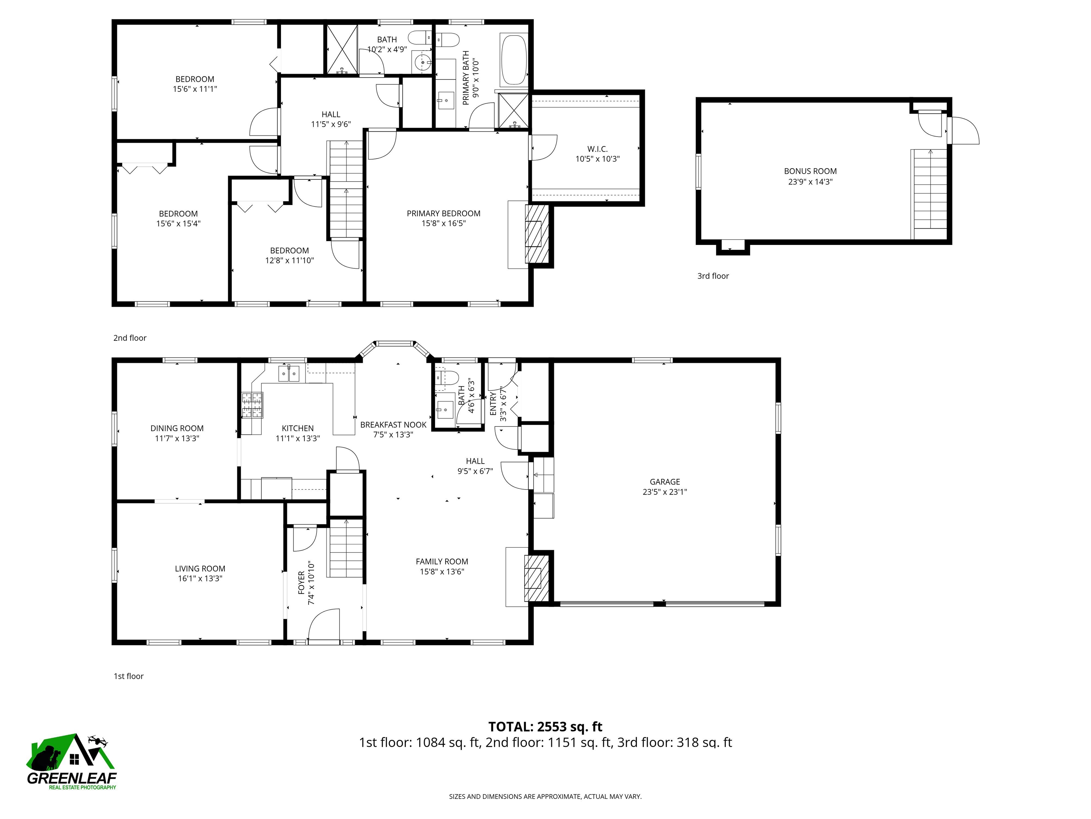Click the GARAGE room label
664,481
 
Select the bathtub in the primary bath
514,60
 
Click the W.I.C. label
597,149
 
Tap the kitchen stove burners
252,405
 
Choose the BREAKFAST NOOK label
393,424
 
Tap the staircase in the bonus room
930,194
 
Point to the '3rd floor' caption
713,276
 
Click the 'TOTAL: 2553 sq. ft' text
545,727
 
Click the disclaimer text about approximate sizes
545,796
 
